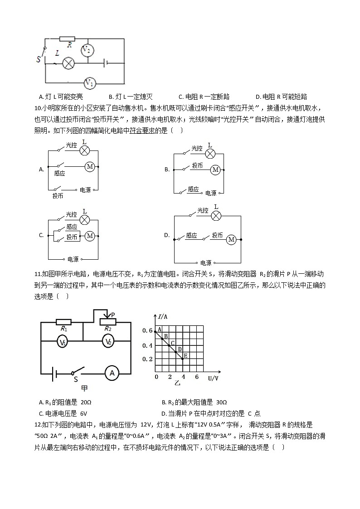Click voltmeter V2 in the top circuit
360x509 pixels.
coord(88,50)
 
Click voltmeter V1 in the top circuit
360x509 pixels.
coord(90,83)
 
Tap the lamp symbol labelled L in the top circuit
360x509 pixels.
coord(68,63)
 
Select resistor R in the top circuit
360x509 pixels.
coord(68,39)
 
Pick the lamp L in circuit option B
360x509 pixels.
coord(210,154)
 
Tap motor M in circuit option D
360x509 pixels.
coord(231,239)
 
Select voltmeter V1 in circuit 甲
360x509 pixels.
coord(63,343)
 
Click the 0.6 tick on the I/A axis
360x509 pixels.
coord(147,331)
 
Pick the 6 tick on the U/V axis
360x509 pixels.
coord(197,377)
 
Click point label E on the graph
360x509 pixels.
coord(185,355)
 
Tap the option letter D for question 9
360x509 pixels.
coord(258,97)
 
